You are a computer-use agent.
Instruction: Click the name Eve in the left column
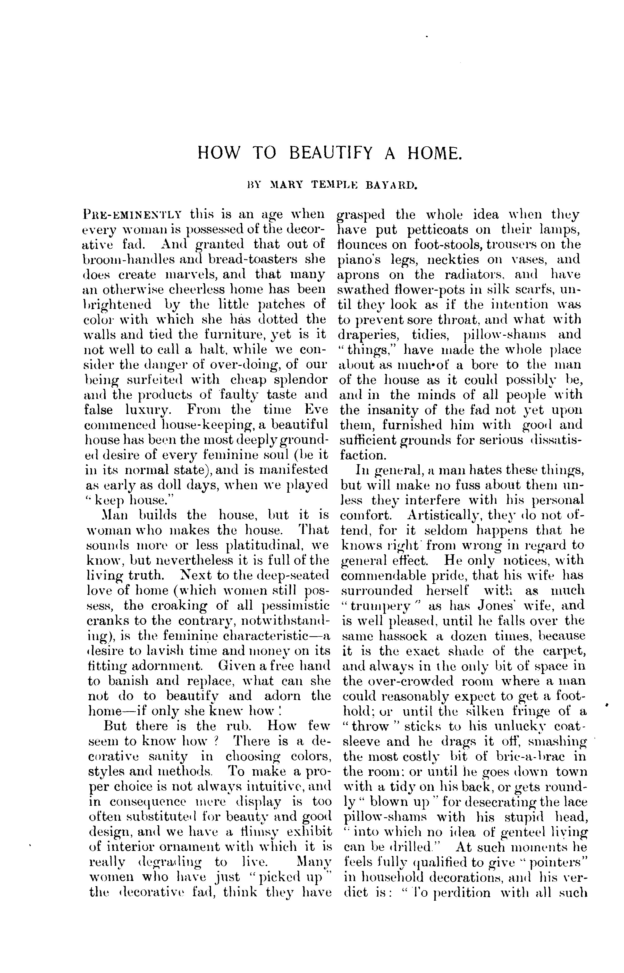coord(314,410)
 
